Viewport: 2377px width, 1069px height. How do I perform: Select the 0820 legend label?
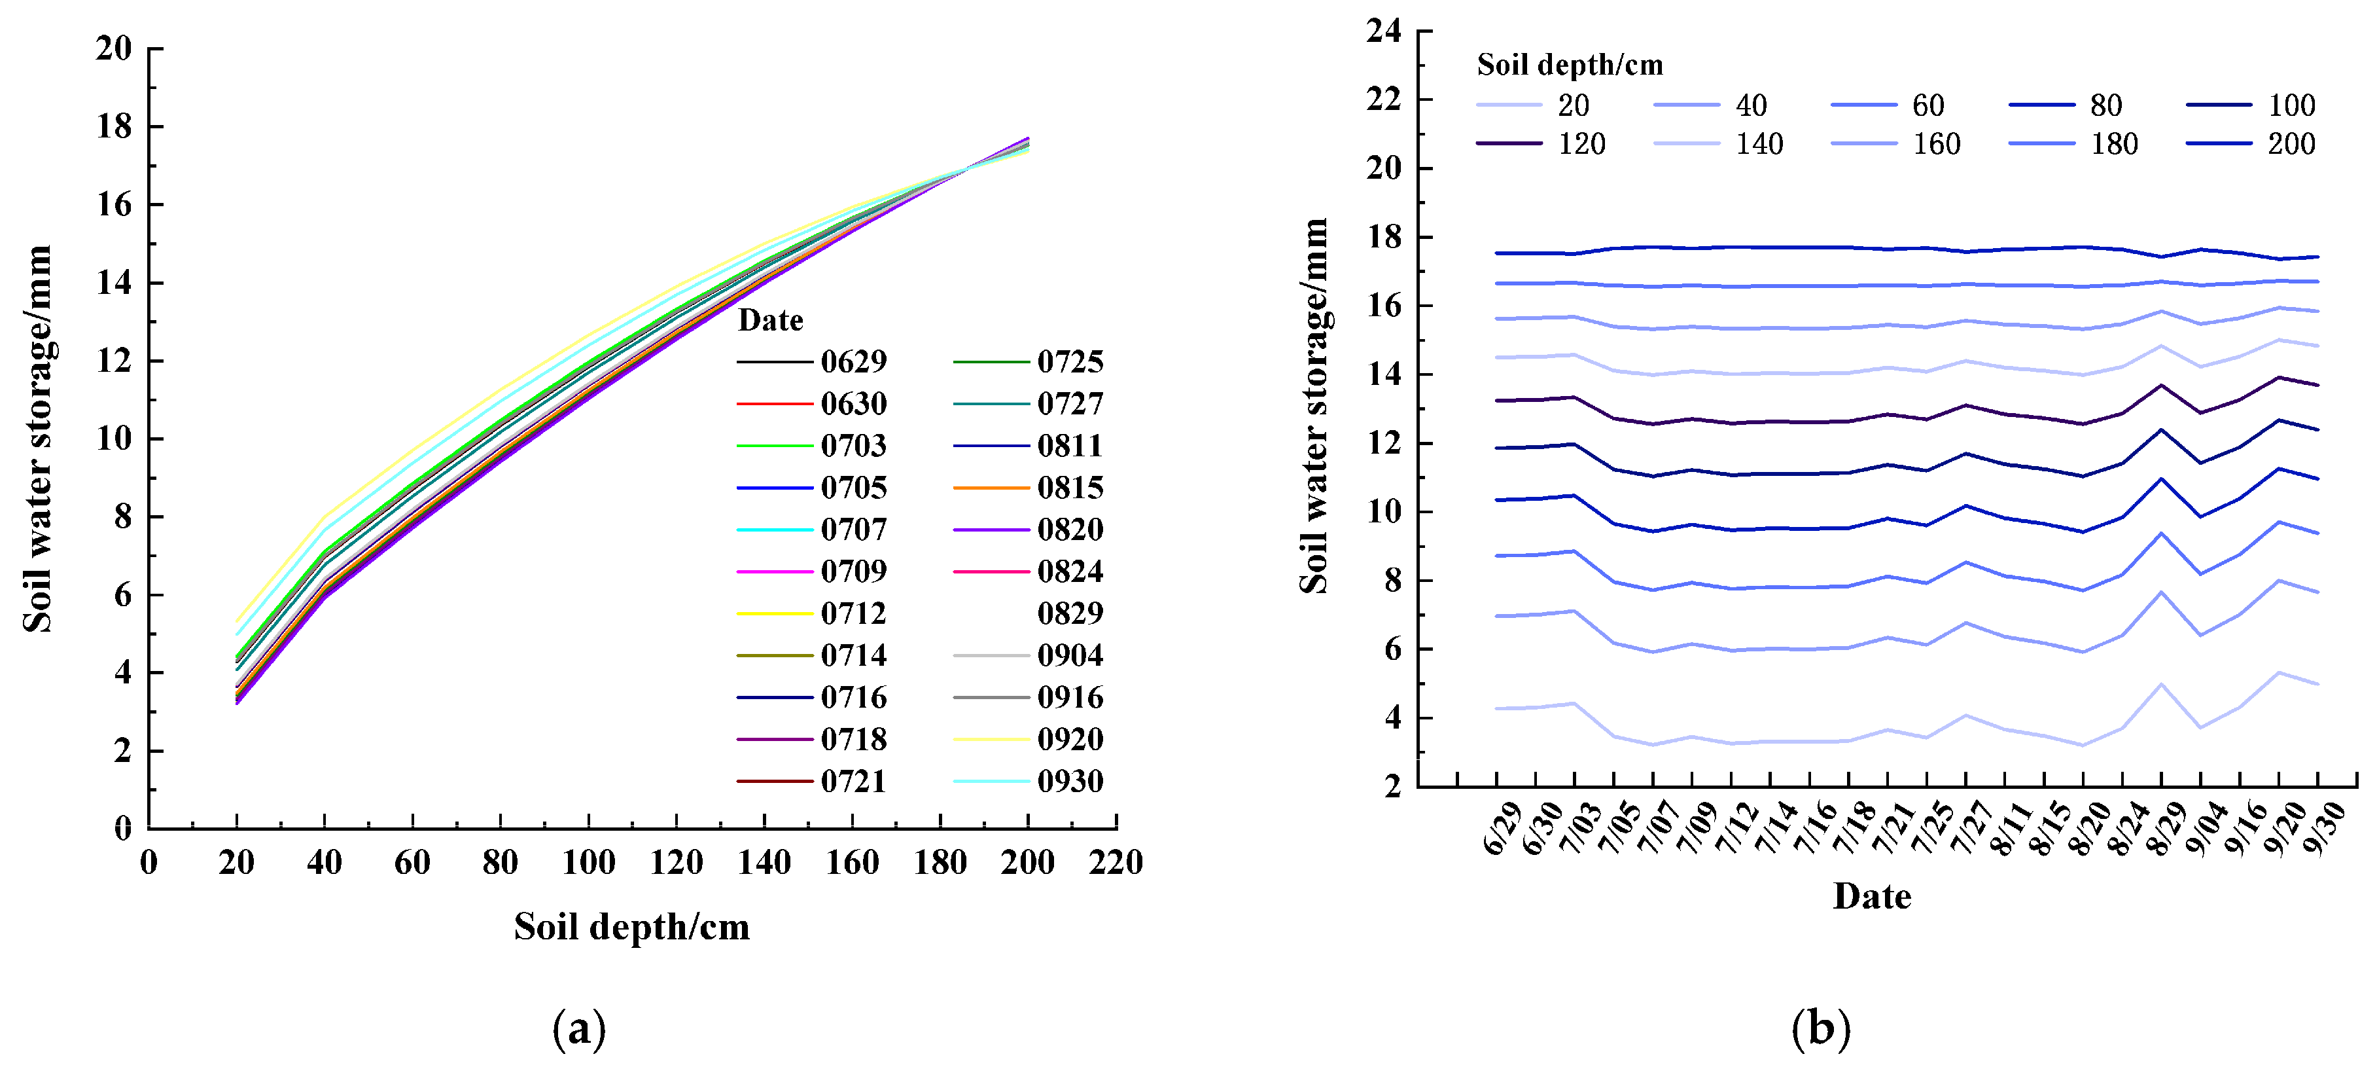pos(1070,530)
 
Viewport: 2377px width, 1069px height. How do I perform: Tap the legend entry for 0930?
pos(1070,782)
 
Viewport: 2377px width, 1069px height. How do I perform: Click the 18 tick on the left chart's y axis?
pos(114,126)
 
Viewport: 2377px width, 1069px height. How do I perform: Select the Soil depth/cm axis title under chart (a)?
pos(632,927)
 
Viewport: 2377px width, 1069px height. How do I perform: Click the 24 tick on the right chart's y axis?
pos(1383,31)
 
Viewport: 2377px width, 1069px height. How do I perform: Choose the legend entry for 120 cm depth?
pos(1581,144)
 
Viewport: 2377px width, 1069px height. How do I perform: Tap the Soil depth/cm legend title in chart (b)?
pos(1570,65)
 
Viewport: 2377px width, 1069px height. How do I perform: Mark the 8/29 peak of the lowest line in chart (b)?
pos(2161,684)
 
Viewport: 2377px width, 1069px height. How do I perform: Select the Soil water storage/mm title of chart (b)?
pos(1314,406)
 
